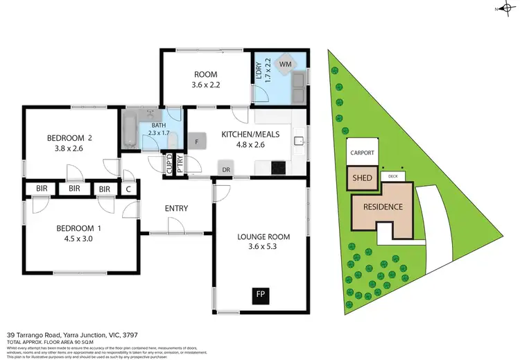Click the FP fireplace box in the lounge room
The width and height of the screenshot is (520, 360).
261,294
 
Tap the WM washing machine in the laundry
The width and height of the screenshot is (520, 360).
284,65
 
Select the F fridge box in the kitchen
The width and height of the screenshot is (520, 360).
197,142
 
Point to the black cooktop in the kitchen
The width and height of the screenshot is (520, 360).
278,167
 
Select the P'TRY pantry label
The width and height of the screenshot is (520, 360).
180,165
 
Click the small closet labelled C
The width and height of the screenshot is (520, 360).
129,189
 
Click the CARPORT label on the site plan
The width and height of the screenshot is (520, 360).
362,153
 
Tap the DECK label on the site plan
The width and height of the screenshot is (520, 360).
393,176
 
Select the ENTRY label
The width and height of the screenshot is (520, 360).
176,208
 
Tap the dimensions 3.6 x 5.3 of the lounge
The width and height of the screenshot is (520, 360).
263,247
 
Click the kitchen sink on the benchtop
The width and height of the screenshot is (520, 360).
299,142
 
